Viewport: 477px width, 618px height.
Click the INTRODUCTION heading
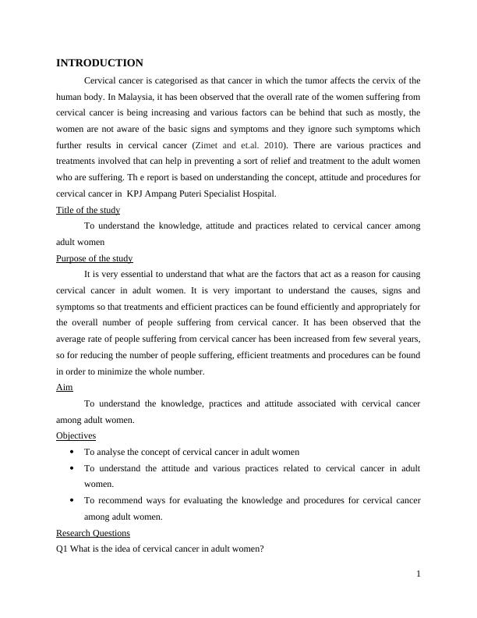point(100,63)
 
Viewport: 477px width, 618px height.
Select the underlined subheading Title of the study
point(88,210)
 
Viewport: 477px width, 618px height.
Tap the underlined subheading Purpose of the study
point(94,258)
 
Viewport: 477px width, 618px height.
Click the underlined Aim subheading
point(65,387)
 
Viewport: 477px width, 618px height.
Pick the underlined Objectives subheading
point(76,435)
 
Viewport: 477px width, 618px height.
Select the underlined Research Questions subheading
point(93,533)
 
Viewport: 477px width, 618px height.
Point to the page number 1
point(419,574)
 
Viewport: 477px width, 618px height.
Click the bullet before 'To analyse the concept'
point(72,452)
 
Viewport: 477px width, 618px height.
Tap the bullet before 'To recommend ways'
point(72,500)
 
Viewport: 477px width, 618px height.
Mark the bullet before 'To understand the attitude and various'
point(72,468)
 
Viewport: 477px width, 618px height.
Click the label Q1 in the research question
point(62,549)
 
